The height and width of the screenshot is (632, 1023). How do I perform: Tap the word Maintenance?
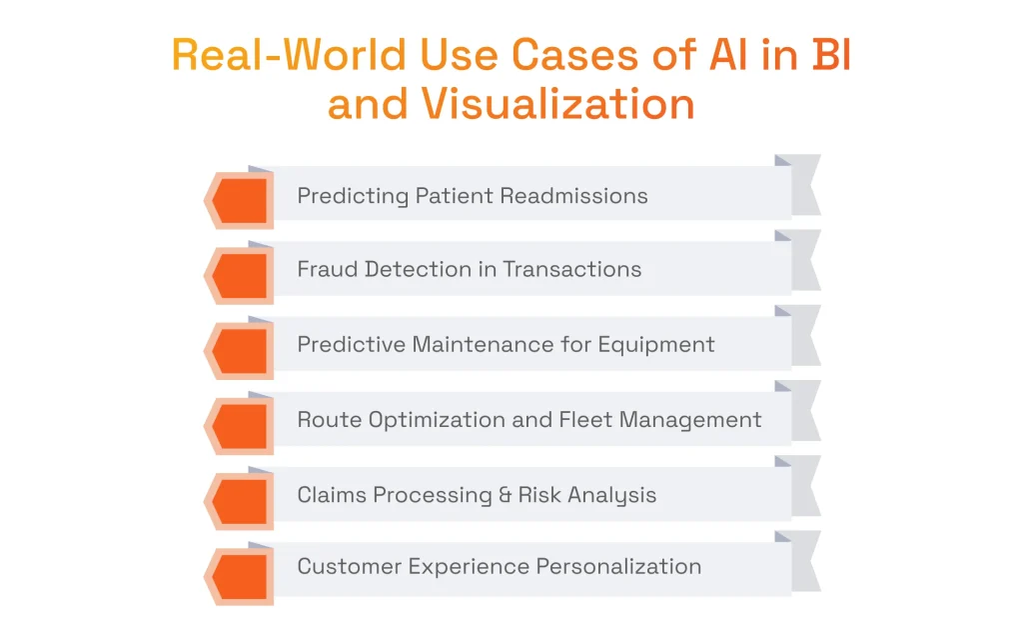point(479,344)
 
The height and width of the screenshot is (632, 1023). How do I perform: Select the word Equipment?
point(656,345)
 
